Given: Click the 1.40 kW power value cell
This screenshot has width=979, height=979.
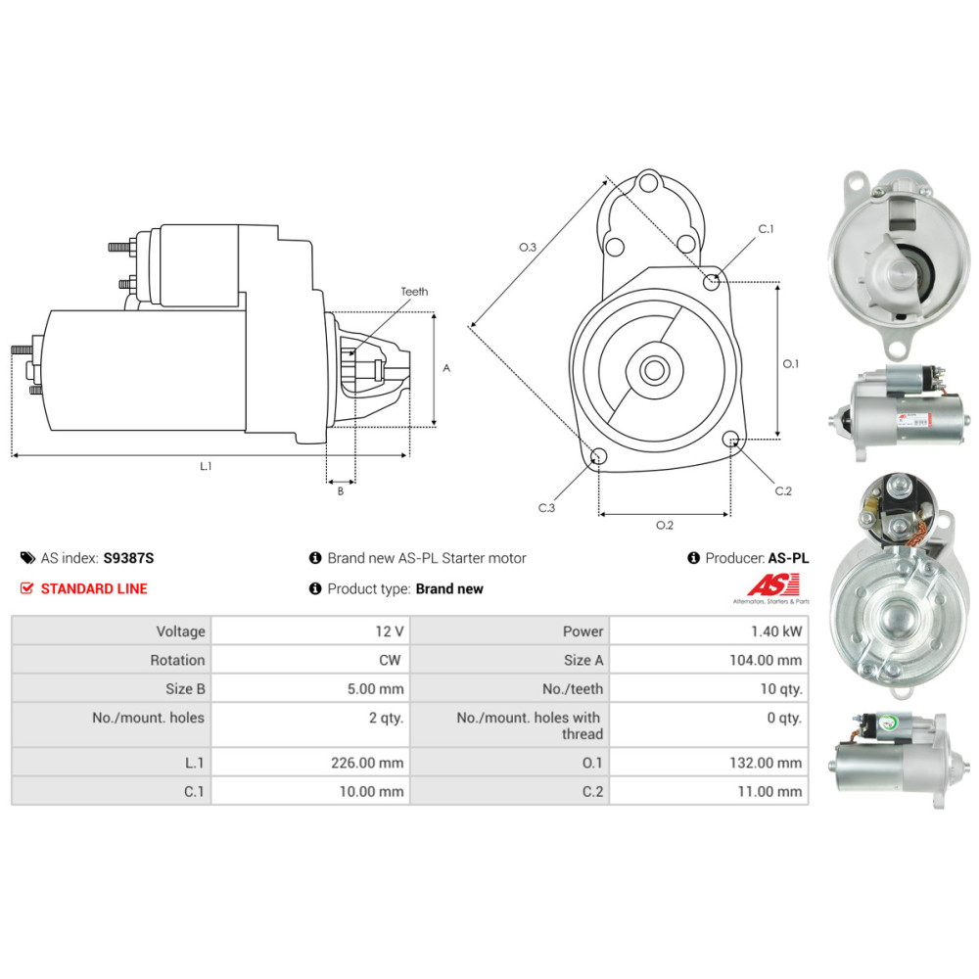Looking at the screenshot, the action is tap(776, 631).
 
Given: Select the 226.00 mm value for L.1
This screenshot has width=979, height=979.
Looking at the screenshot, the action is tap(367, 763).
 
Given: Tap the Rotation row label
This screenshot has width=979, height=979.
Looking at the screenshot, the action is tap(177, 660).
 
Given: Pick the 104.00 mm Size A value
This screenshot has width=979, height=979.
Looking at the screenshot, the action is tap(766, 660).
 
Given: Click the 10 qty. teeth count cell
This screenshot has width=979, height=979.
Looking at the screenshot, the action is tap(781, 688).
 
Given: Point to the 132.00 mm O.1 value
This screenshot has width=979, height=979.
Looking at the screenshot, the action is tap(766, 763).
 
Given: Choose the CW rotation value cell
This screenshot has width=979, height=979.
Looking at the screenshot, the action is tap(390, 660).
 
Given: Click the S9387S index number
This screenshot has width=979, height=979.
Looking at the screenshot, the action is tap(128, 558).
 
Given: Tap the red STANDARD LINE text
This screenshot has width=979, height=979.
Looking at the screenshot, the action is tap(94, 588).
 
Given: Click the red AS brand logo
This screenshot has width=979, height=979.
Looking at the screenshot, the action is tap(773, 585).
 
